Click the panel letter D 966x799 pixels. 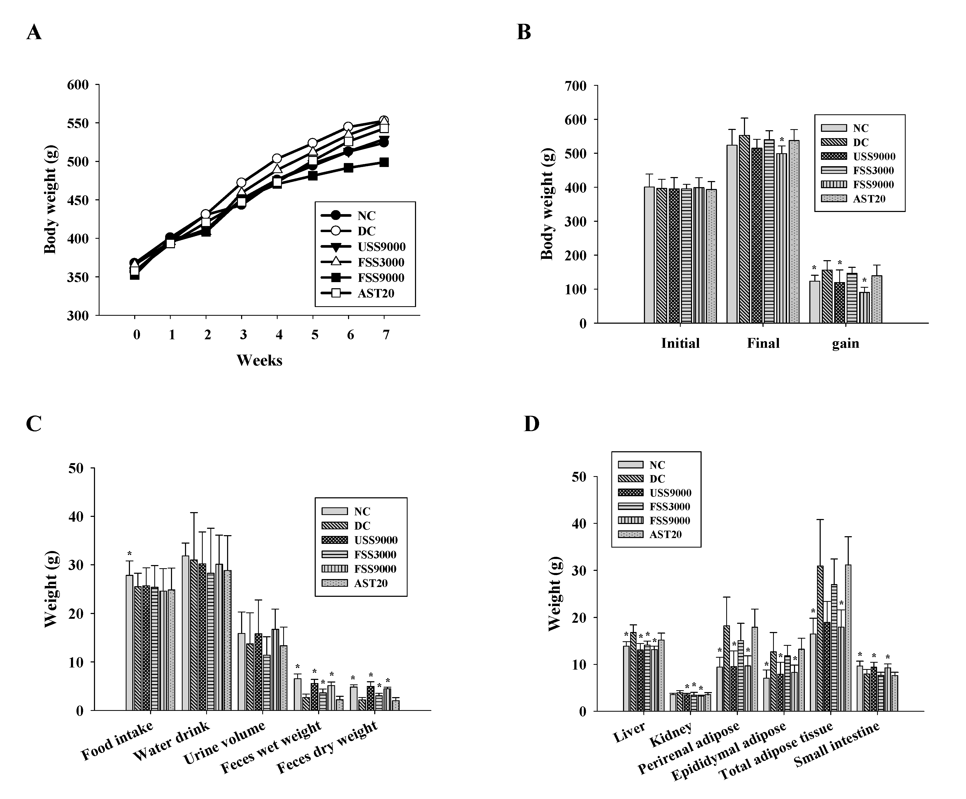(x=531, y=424)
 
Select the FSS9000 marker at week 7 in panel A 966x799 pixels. (x=384, y=162)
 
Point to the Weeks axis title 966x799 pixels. (x=259, y=360)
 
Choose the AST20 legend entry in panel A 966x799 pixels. (x=375, y=294)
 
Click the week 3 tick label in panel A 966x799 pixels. (x=243, y=335)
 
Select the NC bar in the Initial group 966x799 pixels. (x=649, y=255)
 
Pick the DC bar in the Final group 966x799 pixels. (x=744, y=230)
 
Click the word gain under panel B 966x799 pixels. (x=846, y=344)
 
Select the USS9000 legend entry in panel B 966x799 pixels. (x=874, y=156)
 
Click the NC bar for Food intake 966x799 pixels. (x=129, y=644)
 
